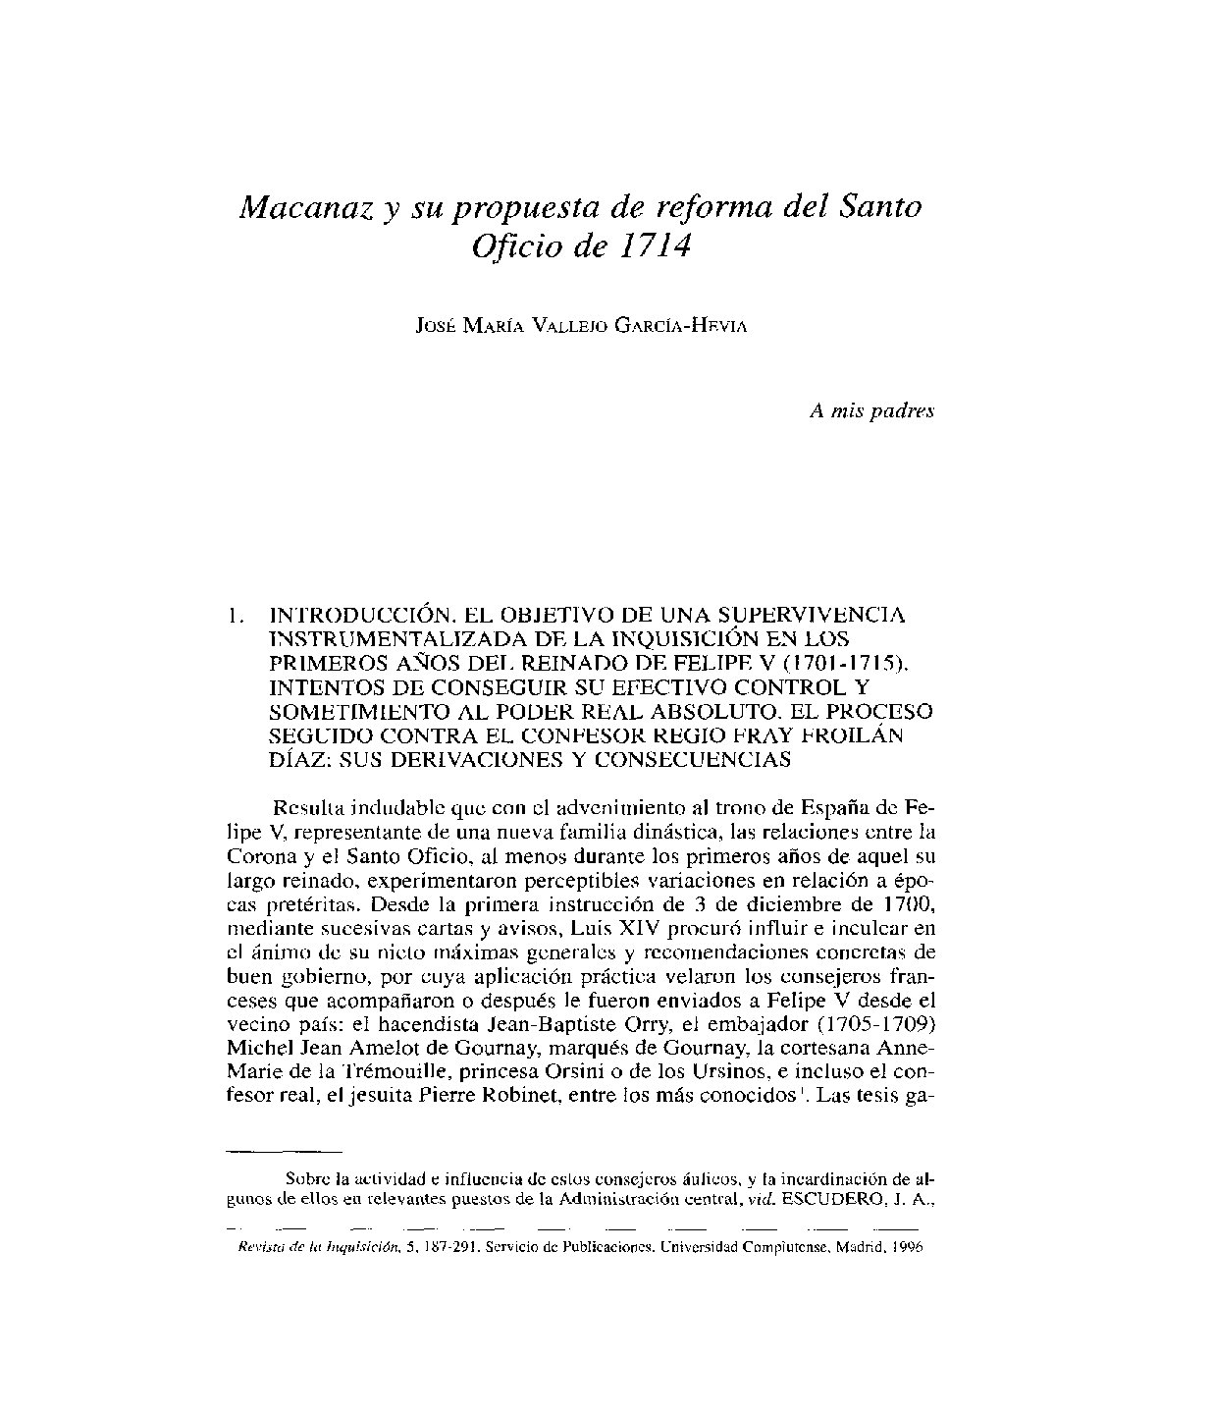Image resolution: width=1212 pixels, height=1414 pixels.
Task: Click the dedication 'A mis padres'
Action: click(871, 411)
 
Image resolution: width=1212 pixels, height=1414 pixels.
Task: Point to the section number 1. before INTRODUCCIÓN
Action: click(233, 617)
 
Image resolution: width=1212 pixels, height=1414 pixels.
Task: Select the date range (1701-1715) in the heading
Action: click(852, 663)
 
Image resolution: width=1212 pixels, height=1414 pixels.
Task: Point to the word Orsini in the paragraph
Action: click(597, 1065)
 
